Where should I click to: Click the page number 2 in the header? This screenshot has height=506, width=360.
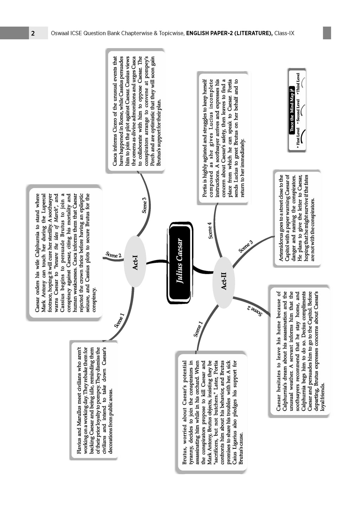32,33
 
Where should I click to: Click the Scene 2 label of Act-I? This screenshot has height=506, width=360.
113,255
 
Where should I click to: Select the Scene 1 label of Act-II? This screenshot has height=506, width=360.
198,329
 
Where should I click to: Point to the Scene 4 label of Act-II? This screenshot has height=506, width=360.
210,230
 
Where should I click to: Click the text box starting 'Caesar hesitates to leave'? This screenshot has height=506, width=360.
299,351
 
